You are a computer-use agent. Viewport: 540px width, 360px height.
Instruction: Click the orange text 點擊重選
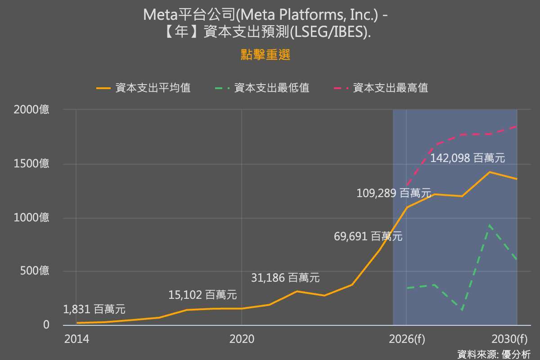[265, 55]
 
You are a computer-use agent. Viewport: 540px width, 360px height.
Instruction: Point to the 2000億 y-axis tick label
[31, 109]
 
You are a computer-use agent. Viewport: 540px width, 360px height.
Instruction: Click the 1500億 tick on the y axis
[31, 164]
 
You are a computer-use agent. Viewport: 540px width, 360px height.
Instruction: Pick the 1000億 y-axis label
[31, 217]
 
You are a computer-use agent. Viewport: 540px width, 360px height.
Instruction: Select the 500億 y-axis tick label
[34, 271]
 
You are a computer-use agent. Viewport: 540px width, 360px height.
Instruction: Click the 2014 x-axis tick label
[76, 339]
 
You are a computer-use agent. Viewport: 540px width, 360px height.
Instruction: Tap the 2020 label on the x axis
[242, 339]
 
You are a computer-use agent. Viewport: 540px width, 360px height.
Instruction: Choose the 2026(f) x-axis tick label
[406, 339]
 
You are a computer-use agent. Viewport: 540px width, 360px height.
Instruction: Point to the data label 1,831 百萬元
[94, 309]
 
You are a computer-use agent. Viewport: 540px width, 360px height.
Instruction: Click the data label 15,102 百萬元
[202, 295]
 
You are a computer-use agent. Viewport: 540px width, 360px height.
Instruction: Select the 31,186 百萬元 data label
[285, 278]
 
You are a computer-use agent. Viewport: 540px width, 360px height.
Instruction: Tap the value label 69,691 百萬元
[368, 236]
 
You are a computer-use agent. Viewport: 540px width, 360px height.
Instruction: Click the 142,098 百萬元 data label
[468, 158]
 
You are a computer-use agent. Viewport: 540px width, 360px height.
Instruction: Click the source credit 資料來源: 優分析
[494, 354]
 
